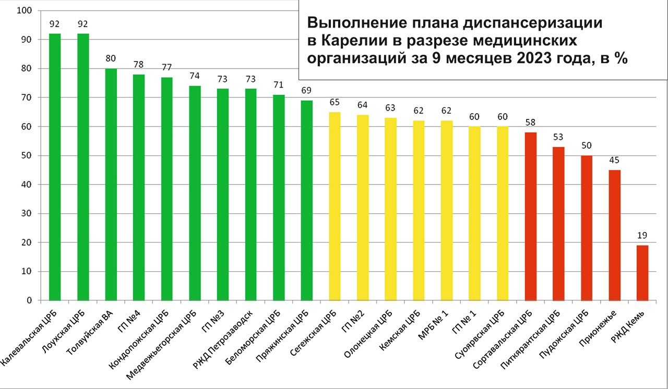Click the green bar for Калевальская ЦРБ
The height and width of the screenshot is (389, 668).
click(55, 167)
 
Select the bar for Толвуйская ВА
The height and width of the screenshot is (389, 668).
click(111, 185)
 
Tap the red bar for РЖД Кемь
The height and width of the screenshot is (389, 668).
click(642, 273)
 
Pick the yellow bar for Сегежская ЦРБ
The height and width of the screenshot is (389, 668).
click(335, 206)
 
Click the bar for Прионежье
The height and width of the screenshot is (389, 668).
click(615, 235)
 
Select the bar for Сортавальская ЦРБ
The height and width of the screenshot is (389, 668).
click(530, 216)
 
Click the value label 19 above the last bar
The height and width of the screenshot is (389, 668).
click(642, 235)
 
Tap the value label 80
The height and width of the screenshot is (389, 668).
click(111, 58)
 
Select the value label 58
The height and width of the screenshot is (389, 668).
click(530, 123)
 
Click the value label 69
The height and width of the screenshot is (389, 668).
click(307, 91)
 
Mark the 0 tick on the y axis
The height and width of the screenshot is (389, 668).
click(29, 301)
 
